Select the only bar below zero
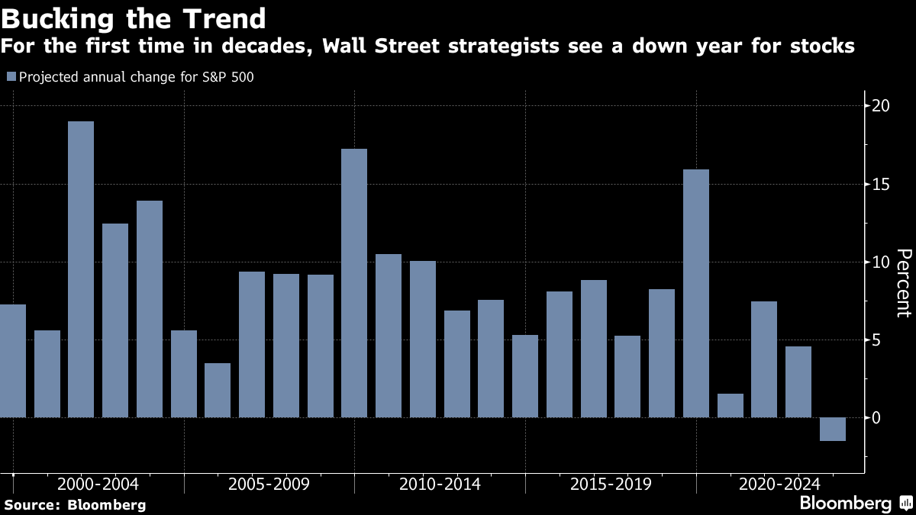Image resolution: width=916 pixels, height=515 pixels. (x=833, y=429)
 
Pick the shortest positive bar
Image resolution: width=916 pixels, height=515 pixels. (x=730, y=406)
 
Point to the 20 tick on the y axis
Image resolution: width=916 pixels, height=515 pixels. (x=881, y=105)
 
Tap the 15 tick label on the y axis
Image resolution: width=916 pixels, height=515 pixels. (x=881, y=184)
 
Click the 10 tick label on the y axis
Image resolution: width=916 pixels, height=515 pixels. (x=881, y=262)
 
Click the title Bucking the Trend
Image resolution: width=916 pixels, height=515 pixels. (x=135, y=18)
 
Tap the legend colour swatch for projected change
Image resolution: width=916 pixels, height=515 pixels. (x=11, y=76)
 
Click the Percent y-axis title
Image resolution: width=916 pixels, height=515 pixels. (x=903, y=294)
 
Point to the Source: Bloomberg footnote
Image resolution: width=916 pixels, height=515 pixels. (x=75, y=504)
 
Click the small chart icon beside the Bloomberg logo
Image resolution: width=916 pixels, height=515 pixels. (x=906, y=504)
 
